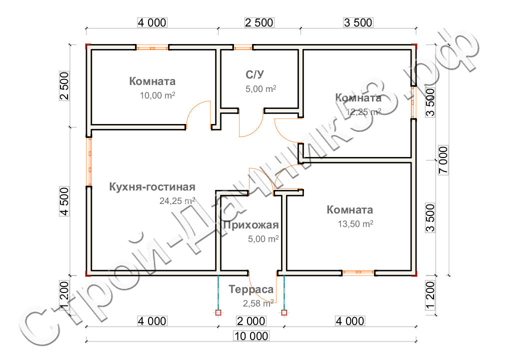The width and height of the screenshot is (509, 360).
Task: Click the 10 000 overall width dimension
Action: (x=251, y=336)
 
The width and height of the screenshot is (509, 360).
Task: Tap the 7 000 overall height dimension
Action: (x=443, y=160)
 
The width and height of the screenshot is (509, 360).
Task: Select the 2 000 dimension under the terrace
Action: (x=251, y=321)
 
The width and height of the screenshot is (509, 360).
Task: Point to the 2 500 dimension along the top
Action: (x=259, y=22)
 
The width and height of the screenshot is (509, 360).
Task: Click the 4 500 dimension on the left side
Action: (x=64, y=201)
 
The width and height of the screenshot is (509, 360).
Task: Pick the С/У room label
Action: (x=255, y=74)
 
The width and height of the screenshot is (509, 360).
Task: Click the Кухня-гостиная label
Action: (x=152, y=187)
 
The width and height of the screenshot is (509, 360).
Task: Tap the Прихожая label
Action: (x=251, y=225)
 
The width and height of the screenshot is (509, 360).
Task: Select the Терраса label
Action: (x=251, y=289)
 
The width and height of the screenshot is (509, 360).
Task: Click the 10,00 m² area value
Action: (x=157, y=95)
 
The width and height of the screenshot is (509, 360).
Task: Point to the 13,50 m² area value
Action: (x=355, y=224)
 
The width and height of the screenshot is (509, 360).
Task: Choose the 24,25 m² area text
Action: (x=177, y=201)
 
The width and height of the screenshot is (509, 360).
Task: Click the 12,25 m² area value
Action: (x=363, y=112)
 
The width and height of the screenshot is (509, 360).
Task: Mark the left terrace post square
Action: (x=218, y=312)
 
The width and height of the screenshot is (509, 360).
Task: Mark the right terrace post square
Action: (x=284, y=312)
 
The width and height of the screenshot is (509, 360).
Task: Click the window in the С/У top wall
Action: (x=243, y=47)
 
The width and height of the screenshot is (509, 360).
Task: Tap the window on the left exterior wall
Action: (x=88, y=161)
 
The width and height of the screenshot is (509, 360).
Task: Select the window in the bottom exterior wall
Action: (x=358, y=272)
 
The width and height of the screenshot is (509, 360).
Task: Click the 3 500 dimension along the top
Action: (x=358, y=22)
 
